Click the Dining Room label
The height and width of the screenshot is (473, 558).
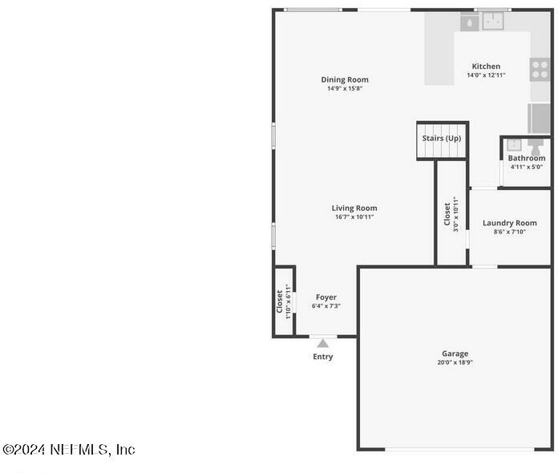pos(345,79)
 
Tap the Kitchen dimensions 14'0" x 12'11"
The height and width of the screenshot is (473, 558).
pos(486,75)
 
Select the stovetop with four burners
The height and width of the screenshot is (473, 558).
pos(540,70)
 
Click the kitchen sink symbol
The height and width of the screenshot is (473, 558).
pos(493,21)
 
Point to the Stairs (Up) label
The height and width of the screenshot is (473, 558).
pos(442,138)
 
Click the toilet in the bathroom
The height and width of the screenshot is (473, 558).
pos(536,146)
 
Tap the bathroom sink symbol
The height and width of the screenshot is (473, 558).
pos(514,145)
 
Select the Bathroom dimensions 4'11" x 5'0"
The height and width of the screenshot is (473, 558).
pos(527,167)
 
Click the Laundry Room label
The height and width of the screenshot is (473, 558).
pos(510,223)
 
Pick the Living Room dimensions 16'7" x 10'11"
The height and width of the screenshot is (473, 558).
pos(354,216)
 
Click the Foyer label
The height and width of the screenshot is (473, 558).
pos(326,297)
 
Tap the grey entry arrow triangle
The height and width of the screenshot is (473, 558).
pos(323,343)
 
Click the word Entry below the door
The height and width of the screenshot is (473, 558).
pos(323,357)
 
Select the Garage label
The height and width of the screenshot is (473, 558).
pos(455,354)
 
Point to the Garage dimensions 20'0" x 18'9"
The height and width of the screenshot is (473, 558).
pos(455,362)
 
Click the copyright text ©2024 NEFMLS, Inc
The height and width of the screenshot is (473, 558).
pos(69,450)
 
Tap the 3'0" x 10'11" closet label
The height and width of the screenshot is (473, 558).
pos(451,214)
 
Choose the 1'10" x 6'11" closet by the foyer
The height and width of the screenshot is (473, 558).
pos(284,301)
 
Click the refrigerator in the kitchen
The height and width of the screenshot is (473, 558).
pos(539,119)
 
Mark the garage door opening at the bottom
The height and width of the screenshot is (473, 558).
pos(459,450)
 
